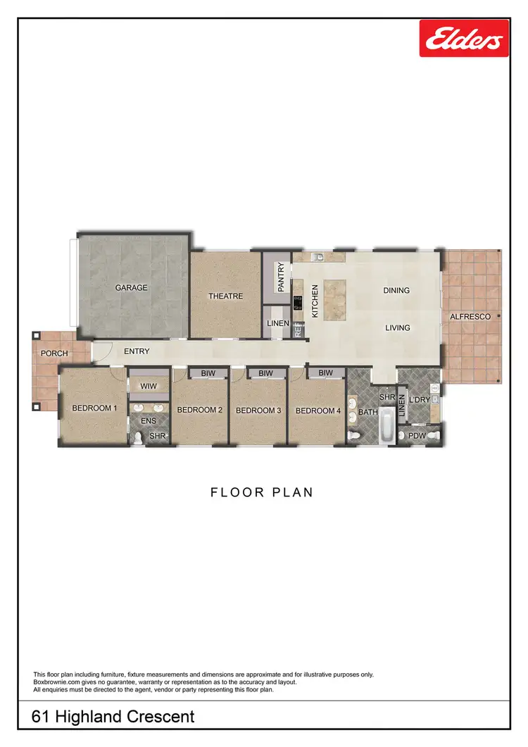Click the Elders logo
pos(464,38)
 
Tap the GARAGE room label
pos(132,288)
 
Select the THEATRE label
pos(225,296)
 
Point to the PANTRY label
pos(282,277)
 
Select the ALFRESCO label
pos(470,318)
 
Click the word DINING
pos(396,290)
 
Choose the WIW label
pos(149,387)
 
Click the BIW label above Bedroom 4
pos(325,373)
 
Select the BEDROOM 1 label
pos(94,408)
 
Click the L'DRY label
pos(420,400)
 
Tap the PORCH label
pos(54,353)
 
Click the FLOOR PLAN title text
pos(262,493)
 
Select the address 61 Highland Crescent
pos(113,717)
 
